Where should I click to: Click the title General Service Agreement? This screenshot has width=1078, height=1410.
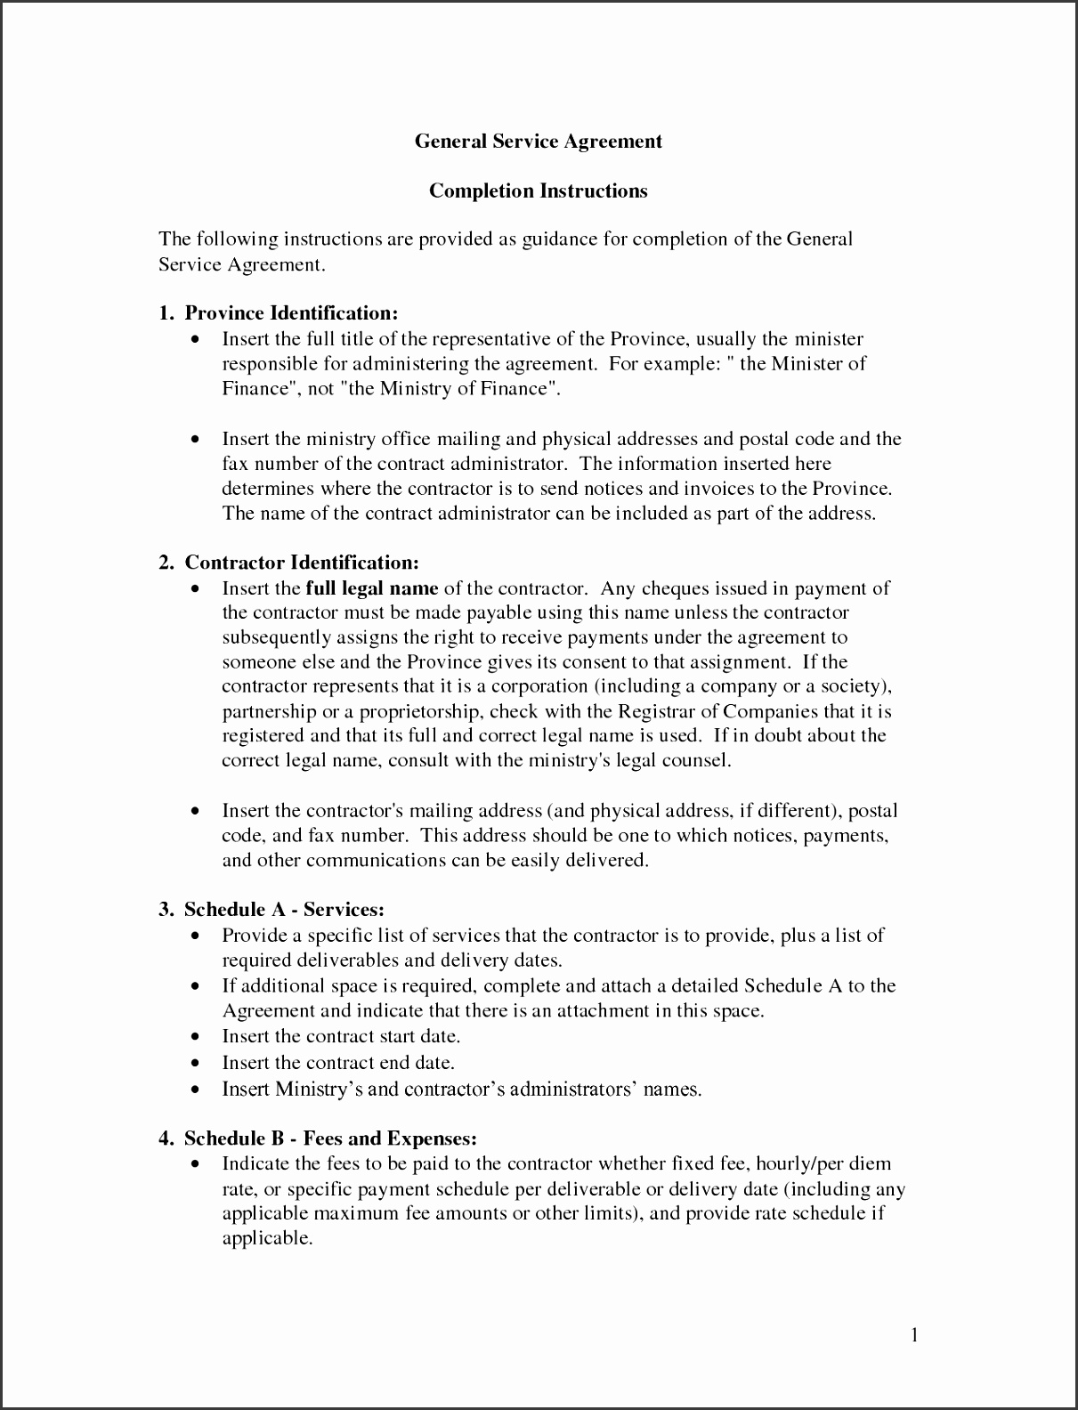click(539, 142)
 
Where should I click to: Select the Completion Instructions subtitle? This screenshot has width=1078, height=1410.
click(539, 191)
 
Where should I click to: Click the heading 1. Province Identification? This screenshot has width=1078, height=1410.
click(278, 313)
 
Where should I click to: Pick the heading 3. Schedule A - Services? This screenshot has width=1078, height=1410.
click(272, 910)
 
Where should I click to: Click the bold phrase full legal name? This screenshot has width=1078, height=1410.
click(371, 588)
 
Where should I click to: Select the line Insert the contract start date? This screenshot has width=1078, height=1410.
click(341, 1037)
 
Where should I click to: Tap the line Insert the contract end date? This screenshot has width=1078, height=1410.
click(338, 1063)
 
